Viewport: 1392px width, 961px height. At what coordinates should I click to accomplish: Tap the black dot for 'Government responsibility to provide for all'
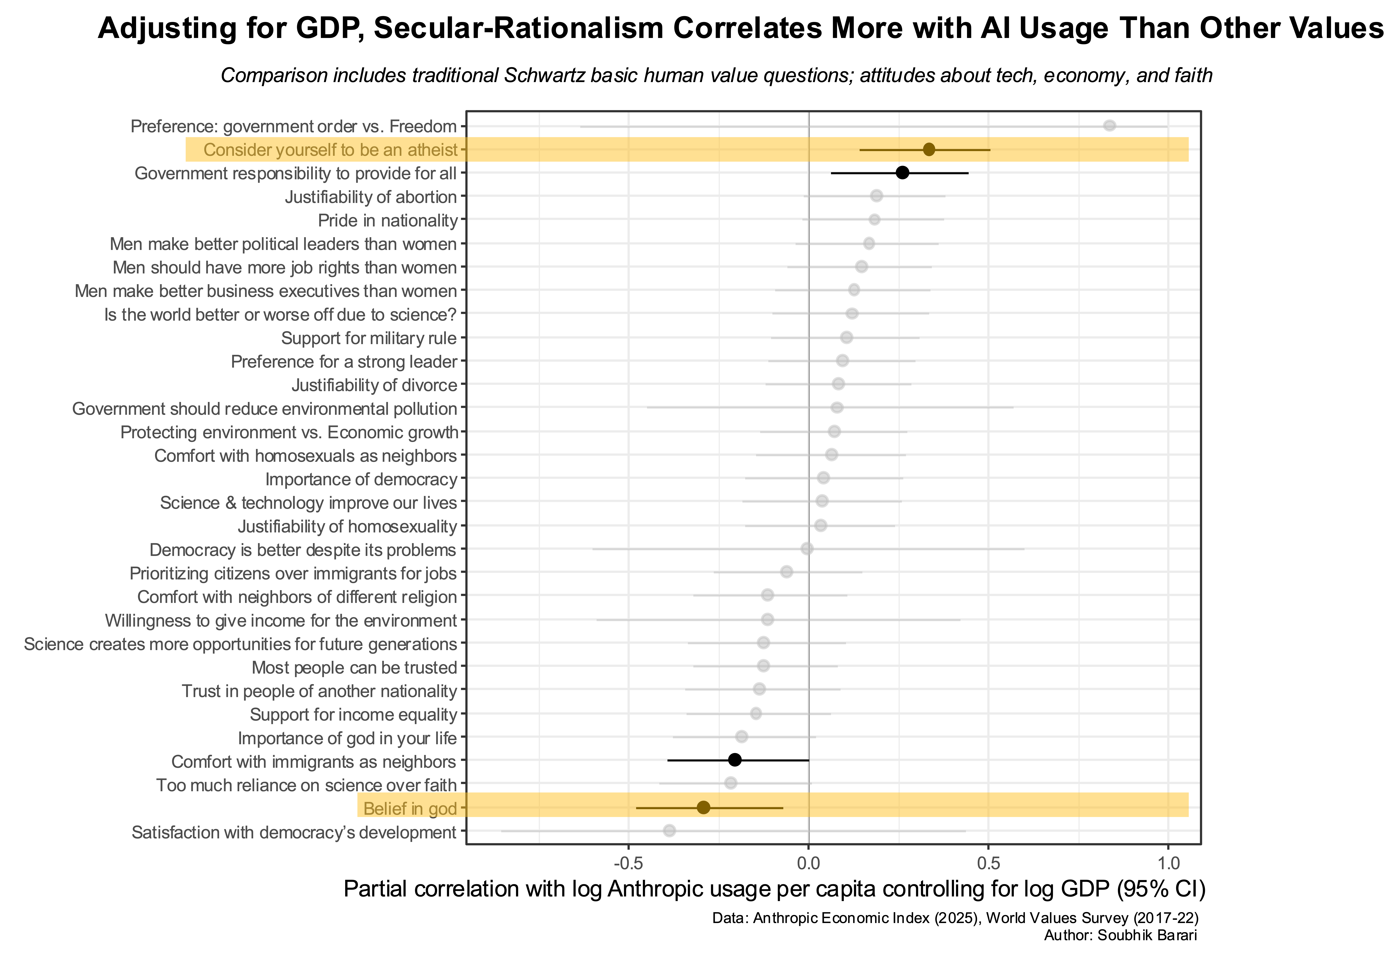pyautogui.click(x=902, y=173)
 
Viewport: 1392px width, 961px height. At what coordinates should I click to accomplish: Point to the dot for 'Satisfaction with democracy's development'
pyautogui.click(x=669, y=831)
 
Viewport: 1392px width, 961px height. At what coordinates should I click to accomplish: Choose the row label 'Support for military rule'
pyautogui.click(x=369, y=338)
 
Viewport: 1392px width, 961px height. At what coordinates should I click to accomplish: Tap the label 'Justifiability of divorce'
pyautogui.click(x=374, y=385)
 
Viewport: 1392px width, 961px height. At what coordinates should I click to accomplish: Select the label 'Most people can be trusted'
pyautogui.click(x=354, y=668)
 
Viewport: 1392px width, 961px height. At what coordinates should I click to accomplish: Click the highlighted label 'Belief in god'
pyautogui.click(x=410, y=809)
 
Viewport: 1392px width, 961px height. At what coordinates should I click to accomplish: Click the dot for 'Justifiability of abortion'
pyautogui.click(x=876, y=196)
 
